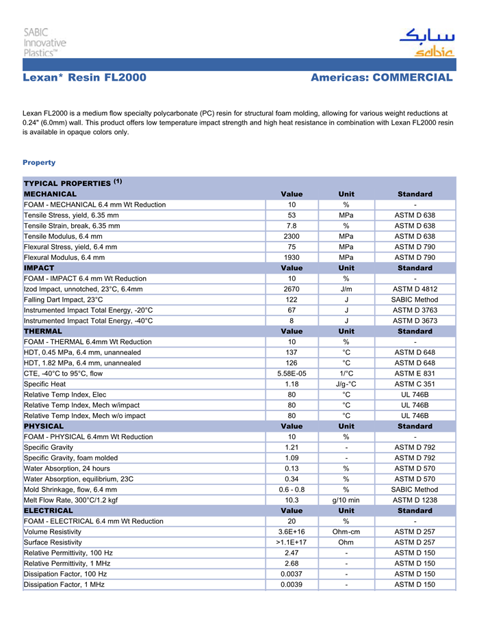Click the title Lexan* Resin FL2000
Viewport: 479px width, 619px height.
[x=84, y=77]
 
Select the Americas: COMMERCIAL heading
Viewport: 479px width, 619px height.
[x=381, y=77]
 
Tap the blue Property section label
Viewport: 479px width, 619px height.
[x=39, y=162]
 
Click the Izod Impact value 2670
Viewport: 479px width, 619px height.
[x=292, y=289]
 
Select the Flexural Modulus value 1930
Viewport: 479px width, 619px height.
[x=292, y=257]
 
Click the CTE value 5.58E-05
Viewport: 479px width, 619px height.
[x=292, y=373]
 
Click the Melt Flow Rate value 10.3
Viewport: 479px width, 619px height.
[x=292, y=500]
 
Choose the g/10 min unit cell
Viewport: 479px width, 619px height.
[x=346, y=500]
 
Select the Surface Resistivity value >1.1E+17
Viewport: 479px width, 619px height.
[x=292, y=542]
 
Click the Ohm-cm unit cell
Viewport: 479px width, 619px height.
[x=346, y=531]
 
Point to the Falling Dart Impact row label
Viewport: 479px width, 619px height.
[x=64, y=300]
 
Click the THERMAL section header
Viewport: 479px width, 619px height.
[x=43, y=331]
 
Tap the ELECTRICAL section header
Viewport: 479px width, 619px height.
[x=49, y=510]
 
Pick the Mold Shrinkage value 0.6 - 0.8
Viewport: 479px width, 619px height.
[x=292, y=490]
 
